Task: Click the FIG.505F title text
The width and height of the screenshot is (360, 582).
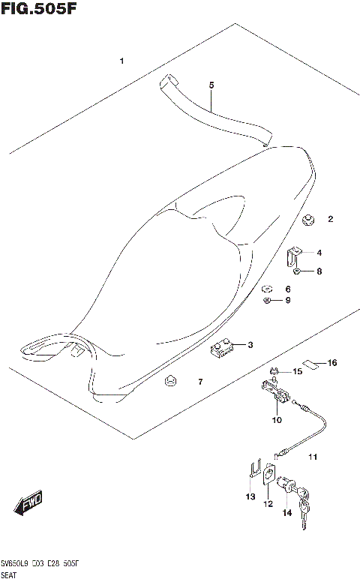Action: (39, 10)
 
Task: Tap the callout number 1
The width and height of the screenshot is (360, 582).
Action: (122, 61)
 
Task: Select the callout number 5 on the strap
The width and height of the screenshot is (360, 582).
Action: (211, 85)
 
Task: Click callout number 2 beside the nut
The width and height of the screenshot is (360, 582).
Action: (330, 220)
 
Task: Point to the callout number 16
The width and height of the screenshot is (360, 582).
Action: (332, 363)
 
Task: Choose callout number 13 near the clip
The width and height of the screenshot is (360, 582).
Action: (250, 496)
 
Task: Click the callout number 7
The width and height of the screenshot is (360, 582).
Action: (200, 382)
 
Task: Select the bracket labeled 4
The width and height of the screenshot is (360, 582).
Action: (293, 256)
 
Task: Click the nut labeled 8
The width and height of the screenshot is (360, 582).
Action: (298, 271)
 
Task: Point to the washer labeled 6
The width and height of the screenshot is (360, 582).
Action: (266, 289)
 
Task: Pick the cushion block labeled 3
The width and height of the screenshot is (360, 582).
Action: (221, 349)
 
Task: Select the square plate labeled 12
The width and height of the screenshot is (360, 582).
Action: (267, 475)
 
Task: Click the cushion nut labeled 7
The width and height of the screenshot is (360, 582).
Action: (169, 382)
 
